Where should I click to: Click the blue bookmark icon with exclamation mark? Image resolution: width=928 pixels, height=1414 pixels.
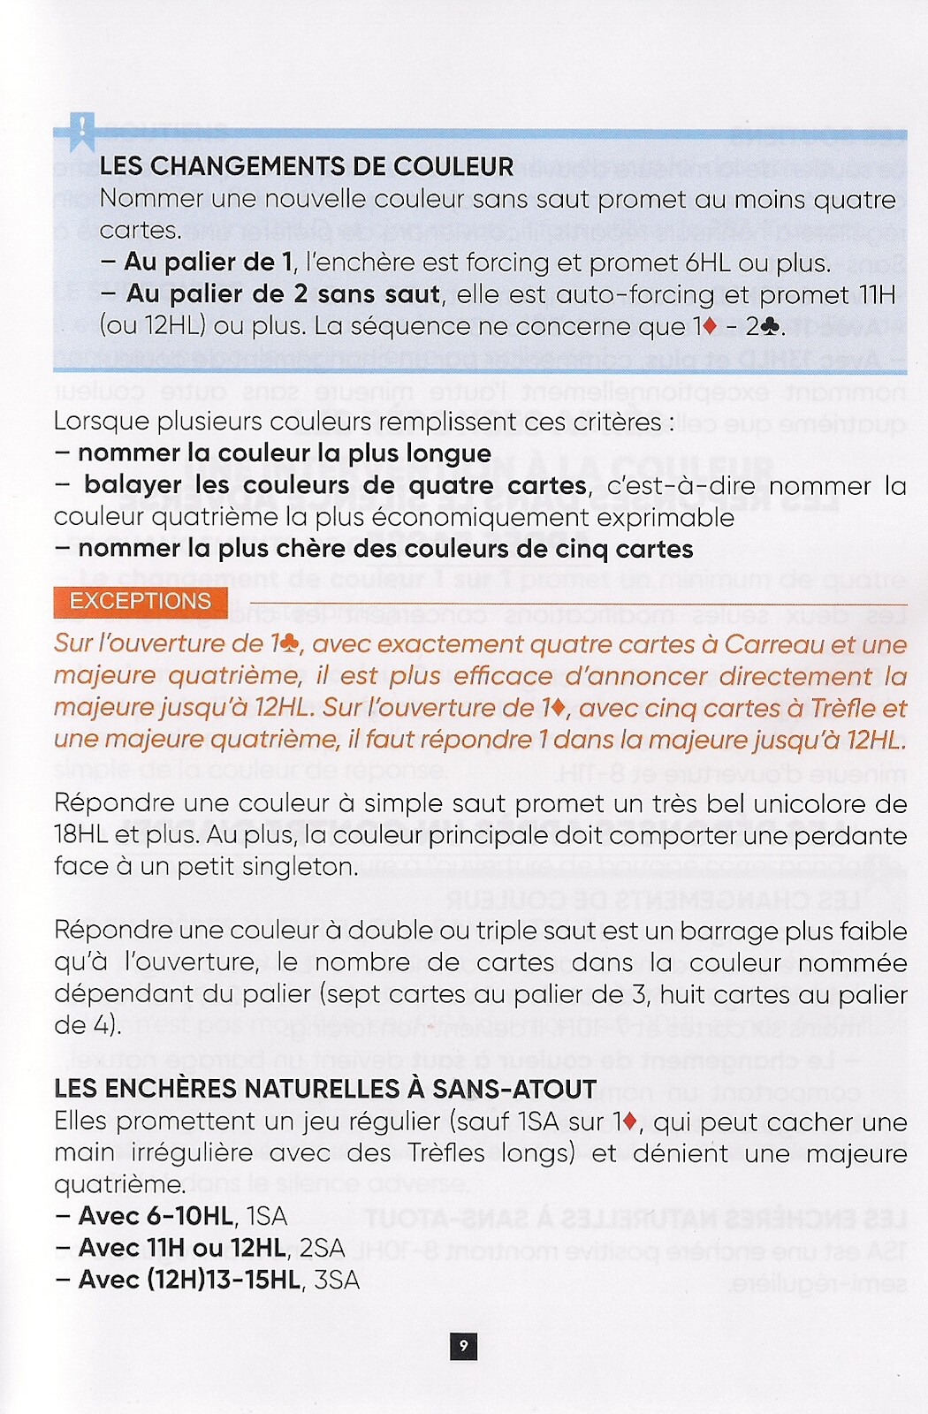[x=82, y=132]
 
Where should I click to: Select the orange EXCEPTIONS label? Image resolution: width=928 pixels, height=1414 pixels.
[x=141, y=602]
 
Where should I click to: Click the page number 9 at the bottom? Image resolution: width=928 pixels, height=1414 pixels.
[x=463, y=1347]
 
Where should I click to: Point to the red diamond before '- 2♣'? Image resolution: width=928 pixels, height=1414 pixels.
[x=709, y=326]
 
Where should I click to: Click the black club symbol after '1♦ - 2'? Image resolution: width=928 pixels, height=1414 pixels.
[x=770, y=327]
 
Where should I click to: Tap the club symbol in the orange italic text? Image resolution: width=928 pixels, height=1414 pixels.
[x=290, y=644]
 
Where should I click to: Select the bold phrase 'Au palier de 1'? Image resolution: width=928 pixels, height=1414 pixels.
[x=208, y=262]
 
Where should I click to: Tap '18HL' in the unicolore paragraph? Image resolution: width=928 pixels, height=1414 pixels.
[x=82, y=835]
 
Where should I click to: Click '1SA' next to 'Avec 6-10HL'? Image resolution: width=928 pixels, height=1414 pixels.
[x=267, y=1217]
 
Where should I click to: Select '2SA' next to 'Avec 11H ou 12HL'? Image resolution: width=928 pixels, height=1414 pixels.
[x=321, y=1249]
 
